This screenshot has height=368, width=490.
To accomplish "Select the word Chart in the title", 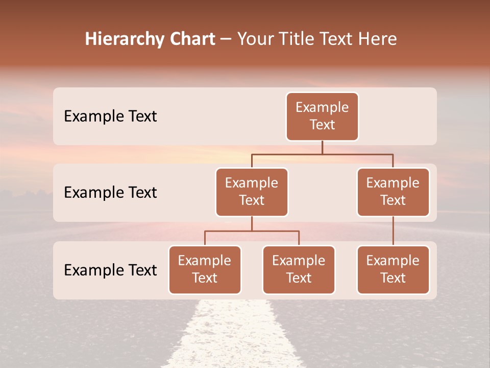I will coord(189,39).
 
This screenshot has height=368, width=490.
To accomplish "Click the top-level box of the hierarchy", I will coord(322,117).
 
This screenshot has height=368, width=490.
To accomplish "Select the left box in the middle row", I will coord(252,192).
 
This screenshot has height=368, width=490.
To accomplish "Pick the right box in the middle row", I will coord(393,192).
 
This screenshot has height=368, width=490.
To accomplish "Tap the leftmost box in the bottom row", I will coord(205,270).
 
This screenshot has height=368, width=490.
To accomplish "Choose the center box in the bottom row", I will coord(299,270).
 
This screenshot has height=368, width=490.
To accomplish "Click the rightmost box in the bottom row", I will coord(393,270).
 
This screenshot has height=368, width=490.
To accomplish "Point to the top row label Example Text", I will coord(110,117).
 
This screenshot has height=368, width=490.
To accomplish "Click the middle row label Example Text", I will coord(110,193).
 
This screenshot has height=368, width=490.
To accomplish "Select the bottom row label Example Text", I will coord(110,270).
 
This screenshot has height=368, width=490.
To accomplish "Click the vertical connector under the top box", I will coord(322,147).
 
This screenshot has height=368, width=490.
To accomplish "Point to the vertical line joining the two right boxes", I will coord(393,231).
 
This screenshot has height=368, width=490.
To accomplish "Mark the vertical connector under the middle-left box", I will coord(252,223).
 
